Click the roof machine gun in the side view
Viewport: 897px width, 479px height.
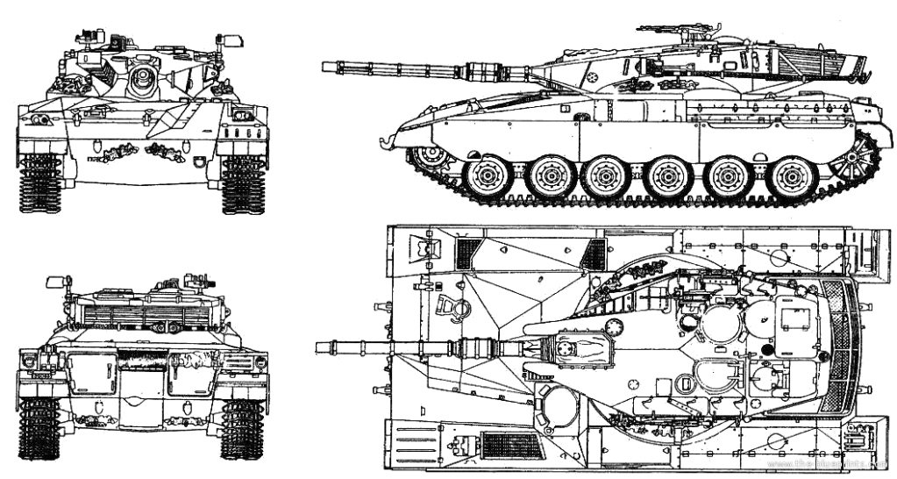pos(680,32)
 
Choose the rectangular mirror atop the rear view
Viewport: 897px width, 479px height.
pos(60,282)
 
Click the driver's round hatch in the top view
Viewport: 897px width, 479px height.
pos(556,404)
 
